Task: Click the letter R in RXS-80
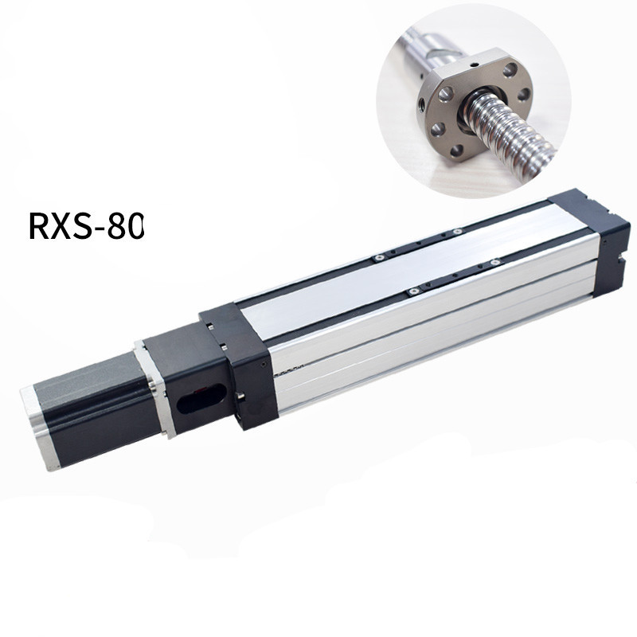[x=39, y=226]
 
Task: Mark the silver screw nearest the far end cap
[x=495, y=262]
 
